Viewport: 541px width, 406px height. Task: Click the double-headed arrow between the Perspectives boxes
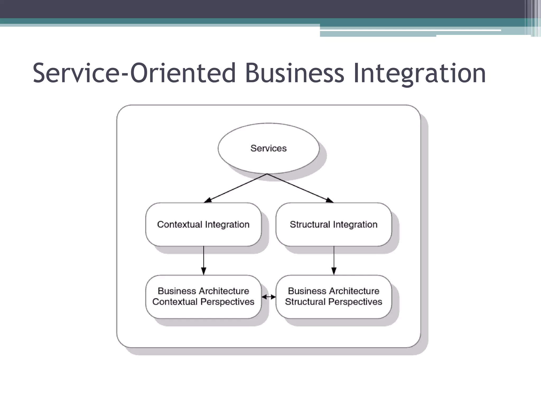[269, 297]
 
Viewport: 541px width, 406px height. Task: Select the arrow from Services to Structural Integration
[300, 188]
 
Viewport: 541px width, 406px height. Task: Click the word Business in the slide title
[295, 73]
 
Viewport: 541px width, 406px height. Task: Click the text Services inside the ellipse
[268, 148]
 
